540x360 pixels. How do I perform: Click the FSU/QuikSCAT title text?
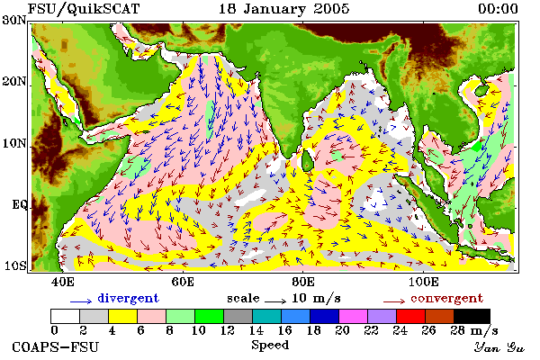[x=84, y=9]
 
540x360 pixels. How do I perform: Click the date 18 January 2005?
[x=284, y=9]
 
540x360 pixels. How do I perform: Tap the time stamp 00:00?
[x=498, y=9]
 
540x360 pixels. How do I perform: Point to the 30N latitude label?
[x=14, y=20]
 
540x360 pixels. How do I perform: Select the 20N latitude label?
[x=14, y=82]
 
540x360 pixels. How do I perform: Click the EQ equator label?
[x=19, y=204]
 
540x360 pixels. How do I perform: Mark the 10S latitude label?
[x=15, y=266]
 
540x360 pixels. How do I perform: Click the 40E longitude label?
[x=63, y=282]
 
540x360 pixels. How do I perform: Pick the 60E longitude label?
[x=183, y=282]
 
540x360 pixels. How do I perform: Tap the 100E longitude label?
[x=423, y=282]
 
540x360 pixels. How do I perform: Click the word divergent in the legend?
[x=128, y=298]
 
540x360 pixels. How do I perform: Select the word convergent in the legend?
[x=447, y=298]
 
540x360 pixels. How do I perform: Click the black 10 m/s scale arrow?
[x=275, y=301]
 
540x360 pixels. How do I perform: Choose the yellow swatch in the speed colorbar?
[x=123, y=316]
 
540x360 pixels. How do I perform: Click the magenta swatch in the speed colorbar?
[x=353, y=316]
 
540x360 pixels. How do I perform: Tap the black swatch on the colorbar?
[x=472, y=316]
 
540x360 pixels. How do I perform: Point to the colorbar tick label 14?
[x=256, y=330]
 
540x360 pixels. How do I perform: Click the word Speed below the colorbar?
[x=270, y=345]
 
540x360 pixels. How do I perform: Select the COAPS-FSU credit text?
[x=56, y=346]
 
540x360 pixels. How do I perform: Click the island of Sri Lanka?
[x=307, y=161]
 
